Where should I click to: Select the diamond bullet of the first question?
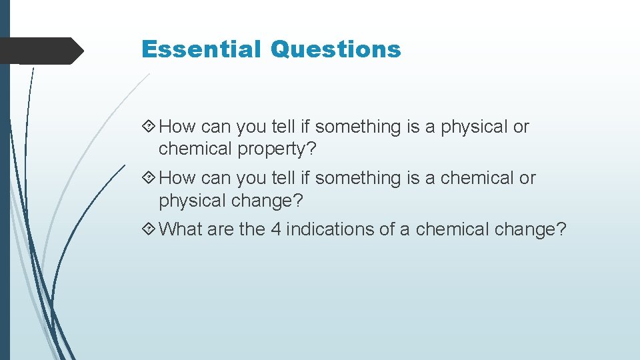[150, 127]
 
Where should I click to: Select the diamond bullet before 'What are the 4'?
[150, 230]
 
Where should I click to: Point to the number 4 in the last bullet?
[276, 229]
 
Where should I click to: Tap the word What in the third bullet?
[181, 229]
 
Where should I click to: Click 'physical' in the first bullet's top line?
[475, 127]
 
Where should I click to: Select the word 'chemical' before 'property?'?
[195, 149]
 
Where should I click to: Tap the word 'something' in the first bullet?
[357, 127]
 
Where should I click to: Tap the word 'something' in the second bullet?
[357, 178]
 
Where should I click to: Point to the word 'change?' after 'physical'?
[263, 200]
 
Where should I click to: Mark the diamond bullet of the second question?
[150, 178]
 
